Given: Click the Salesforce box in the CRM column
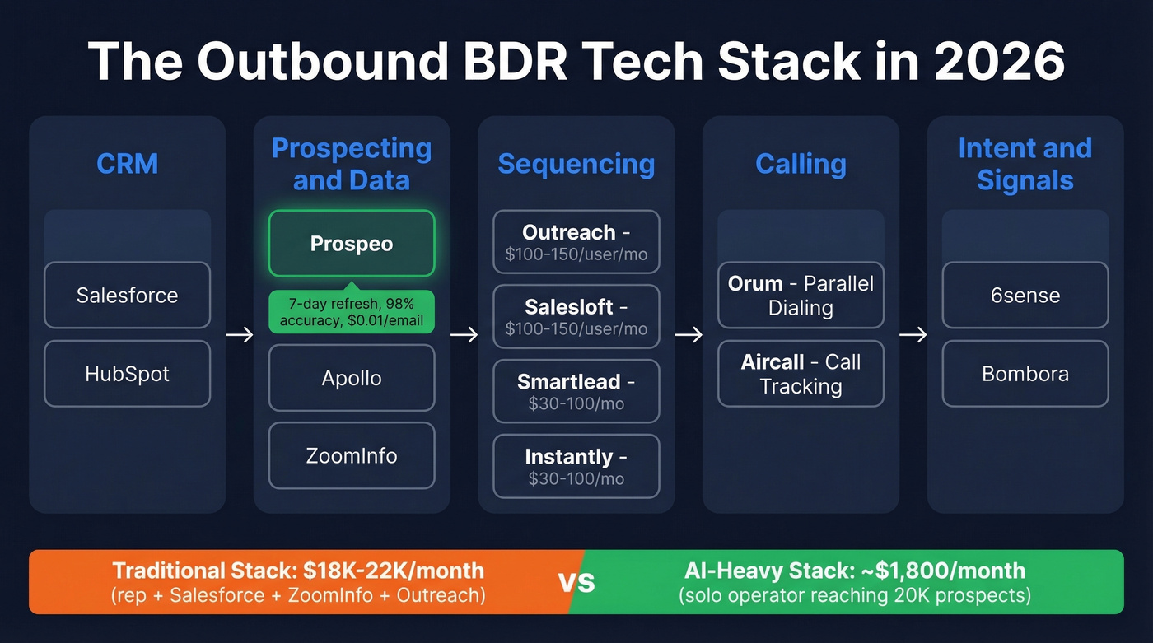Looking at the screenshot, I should pyautogui.click(x=127, y=296).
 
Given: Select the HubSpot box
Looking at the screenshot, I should pyautogui.click(x=127, y=374).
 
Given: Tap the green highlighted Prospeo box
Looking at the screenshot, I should pyautogui.click(x=352, y=244).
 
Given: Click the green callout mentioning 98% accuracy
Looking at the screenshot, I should pyautogui.click(x=352, y=312).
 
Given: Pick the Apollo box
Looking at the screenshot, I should pyautogui.click(x=352, y=378).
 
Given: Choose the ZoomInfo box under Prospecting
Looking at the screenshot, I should pyautogui.click(x=352, y=455).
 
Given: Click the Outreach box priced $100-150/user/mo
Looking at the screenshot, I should pyautogui.click(x=576, y=242).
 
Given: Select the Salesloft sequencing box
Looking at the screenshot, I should pyautogui.click(x=576, y=317).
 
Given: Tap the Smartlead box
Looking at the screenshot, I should pyautogui.click(x=576, y=392).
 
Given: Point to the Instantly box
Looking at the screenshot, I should pyautogui.click(x=576, y=467).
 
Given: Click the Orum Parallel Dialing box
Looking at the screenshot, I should pyautogui.click(x=801, y=296).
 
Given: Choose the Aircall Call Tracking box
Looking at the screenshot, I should pyautogui.click(x=801, y=374).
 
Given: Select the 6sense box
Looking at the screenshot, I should pyautogui.click(x=1025, y=296).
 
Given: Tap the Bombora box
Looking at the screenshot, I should pyautogui.click(x=1025, y=374).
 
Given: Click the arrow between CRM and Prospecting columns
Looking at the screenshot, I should pyautogui.click(x=240, y=335).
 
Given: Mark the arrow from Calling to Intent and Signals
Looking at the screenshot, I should pyautogui.click(x=913, y=335).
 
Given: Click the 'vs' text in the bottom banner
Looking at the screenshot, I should pyautogui.click(x=576, y=582).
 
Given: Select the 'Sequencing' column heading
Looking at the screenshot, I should pyautogui.click(x=576, y=164).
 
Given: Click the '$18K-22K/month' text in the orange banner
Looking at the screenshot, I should pyautogui.click(x=393, y=571).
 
